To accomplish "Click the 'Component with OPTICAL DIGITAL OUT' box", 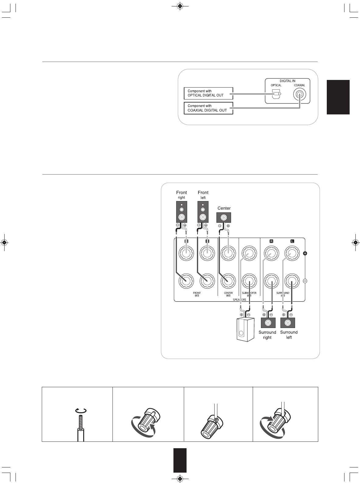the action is (x=208, y=93).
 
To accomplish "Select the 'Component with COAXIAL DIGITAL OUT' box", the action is (x=208, y=108).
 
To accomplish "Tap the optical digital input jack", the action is (x=276, y=94).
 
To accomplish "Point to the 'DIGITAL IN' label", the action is (x=287, y=81).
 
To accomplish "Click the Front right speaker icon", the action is (x=181, y=211).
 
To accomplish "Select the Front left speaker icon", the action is (x=203, y=211).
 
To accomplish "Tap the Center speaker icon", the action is (x=224, y=218).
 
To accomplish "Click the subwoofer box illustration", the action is (x=246, y=330).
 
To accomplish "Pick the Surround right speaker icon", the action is (x=268, y=323).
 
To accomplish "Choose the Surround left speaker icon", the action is (x=287, y=323).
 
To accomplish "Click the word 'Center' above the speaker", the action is (x=224, y=208).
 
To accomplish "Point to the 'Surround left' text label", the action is (x=289, y=335).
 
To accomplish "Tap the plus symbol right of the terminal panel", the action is (x=305, y=253).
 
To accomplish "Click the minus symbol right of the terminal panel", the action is (x=305, y=281).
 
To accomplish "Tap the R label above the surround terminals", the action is (x=271, y=241).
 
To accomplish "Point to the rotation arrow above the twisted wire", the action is (x=81, y=411).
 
